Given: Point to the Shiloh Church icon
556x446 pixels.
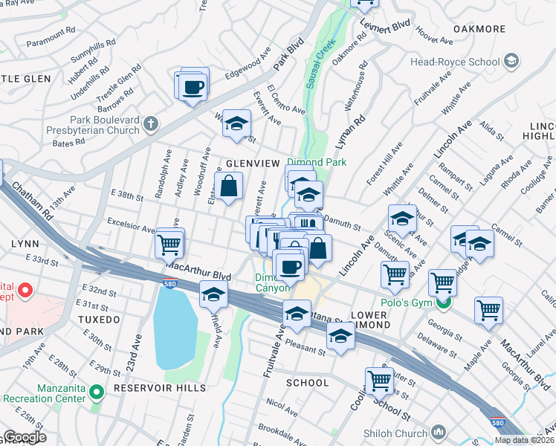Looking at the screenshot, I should (x=439, y=432).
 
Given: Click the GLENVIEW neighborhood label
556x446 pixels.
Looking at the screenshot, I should (x=252, y=163).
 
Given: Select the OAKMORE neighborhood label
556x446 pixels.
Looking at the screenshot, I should (x=479, y=29).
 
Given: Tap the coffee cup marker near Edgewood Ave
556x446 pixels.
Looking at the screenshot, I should (x=193, y=86).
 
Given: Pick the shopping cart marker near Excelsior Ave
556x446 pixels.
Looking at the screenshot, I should (x=169, y=243).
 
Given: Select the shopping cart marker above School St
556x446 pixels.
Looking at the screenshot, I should (x=379, y=381).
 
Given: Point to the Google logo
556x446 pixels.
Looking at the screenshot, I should (x=25, y=437).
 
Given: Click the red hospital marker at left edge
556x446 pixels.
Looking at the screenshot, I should (x=25, y=290).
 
